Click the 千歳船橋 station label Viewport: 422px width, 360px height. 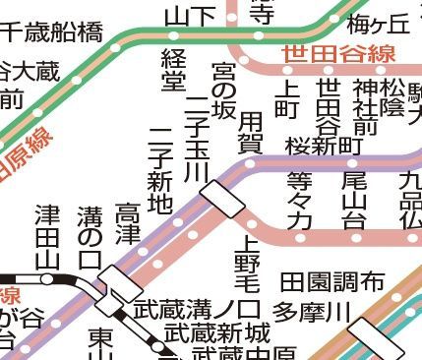tap(51, 31)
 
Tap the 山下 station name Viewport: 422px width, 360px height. tap(188, 15)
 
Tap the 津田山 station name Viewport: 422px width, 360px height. tap(47, 236)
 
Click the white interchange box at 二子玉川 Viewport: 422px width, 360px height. tap(223, 202)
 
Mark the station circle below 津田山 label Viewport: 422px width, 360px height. tap(47, 278)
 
